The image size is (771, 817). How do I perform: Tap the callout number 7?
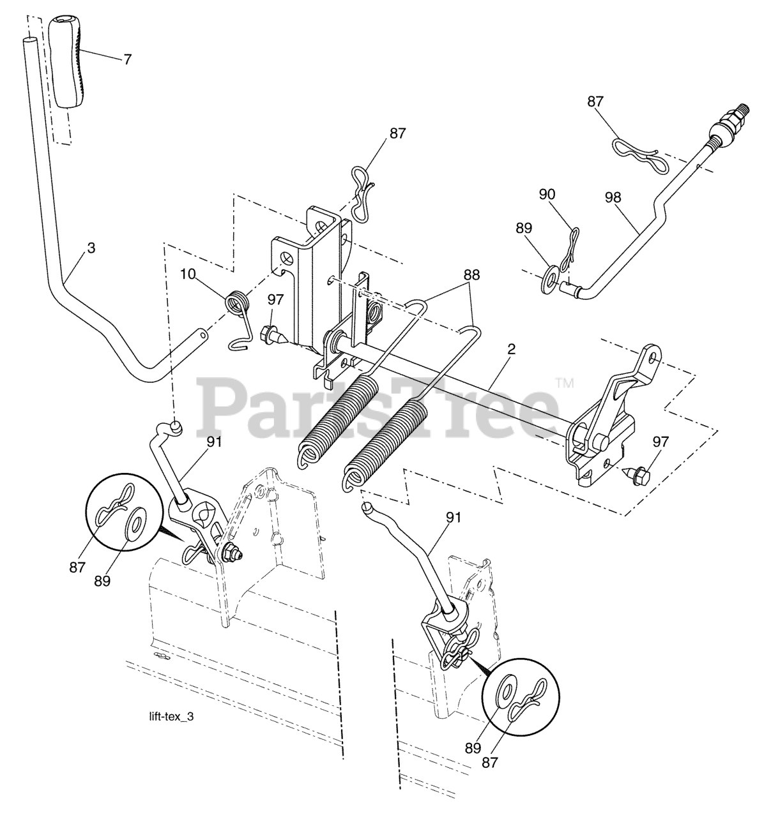coord(127,59)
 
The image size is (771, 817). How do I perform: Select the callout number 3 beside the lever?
coord(91,248)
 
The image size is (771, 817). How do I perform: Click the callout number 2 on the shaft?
coord(511,350)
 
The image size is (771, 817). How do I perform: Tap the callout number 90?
coord(548,195)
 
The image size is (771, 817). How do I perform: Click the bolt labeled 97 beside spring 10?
coord(270,333)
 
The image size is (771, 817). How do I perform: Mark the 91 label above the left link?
coord(213,441)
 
